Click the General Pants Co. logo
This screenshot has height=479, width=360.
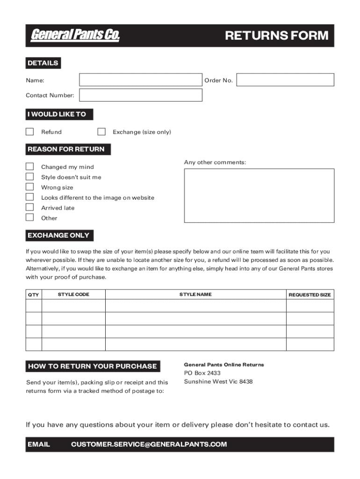75,36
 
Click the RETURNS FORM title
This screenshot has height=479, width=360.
277,36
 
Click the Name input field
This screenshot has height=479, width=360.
140,80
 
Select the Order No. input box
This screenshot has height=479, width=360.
285,80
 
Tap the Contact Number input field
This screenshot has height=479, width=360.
140,95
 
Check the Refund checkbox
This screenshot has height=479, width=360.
29,132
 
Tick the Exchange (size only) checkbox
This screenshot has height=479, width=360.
101,132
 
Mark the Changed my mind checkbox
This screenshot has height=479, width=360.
29,167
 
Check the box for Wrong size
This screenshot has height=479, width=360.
29,187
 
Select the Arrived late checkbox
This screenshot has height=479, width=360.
29,207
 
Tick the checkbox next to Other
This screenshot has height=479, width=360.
29,218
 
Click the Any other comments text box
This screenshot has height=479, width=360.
259,196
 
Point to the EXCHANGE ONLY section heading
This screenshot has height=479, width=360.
58,235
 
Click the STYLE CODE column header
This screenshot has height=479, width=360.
73,294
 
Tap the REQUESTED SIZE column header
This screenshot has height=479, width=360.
310,295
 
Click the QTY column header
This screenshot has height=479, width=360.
34,295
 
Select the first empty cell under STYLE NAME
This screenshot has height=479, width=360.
195,306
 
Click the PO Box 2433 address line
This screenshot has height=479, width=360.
202,373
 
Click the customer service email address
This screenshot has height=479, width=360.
149,444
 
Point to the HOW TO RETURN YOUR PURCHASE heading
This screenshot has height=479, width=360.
92,366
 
